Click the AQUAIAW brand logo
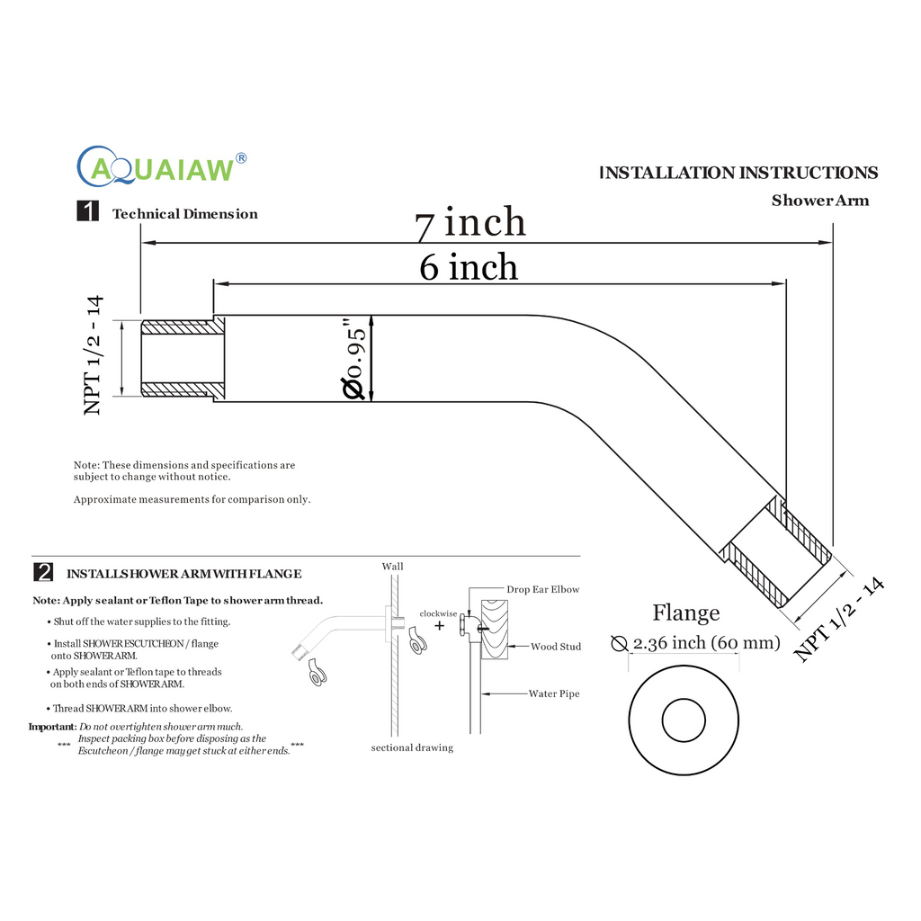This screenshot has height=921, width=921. click(x=162, y=165)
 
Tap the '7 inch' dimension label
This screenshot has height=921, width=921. click(x=469, y=222)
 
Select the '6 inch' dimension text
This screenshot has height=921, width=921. click(x=469, y=267)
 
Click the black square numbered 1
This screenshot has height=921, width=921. click(x=87, y=212)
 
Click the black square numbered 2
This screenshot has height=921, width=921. click(x=42, y=572)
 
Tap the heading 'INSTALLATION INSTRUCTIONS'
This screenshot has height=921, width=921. click(x=738, y=173)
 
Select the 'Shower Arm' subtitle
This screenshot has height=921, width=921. click(x=819, y=201)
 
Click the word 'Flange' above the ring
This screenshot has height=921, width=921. click(x=685, y=613)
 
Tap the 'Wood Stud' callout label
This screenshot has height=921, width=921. click(x=555, y=647)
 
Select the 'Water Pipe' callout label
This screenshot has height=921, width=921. click(x=553, y=693)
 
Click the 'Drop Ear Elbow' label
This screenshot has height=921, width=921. click(x=542, y=589)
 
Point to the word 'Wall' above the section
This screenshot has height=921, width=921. click(x=392, y=567)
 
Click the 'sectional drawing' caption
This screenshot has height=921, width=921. click(x=412, y=747)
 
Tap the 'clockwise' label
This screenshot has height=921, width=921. click(x=439, y=613)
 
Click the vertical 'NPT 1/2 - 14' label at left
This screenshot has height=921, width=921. click(x=93, y=356)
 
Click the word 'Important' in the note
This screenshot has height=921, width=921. click(x=52, y=726)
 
